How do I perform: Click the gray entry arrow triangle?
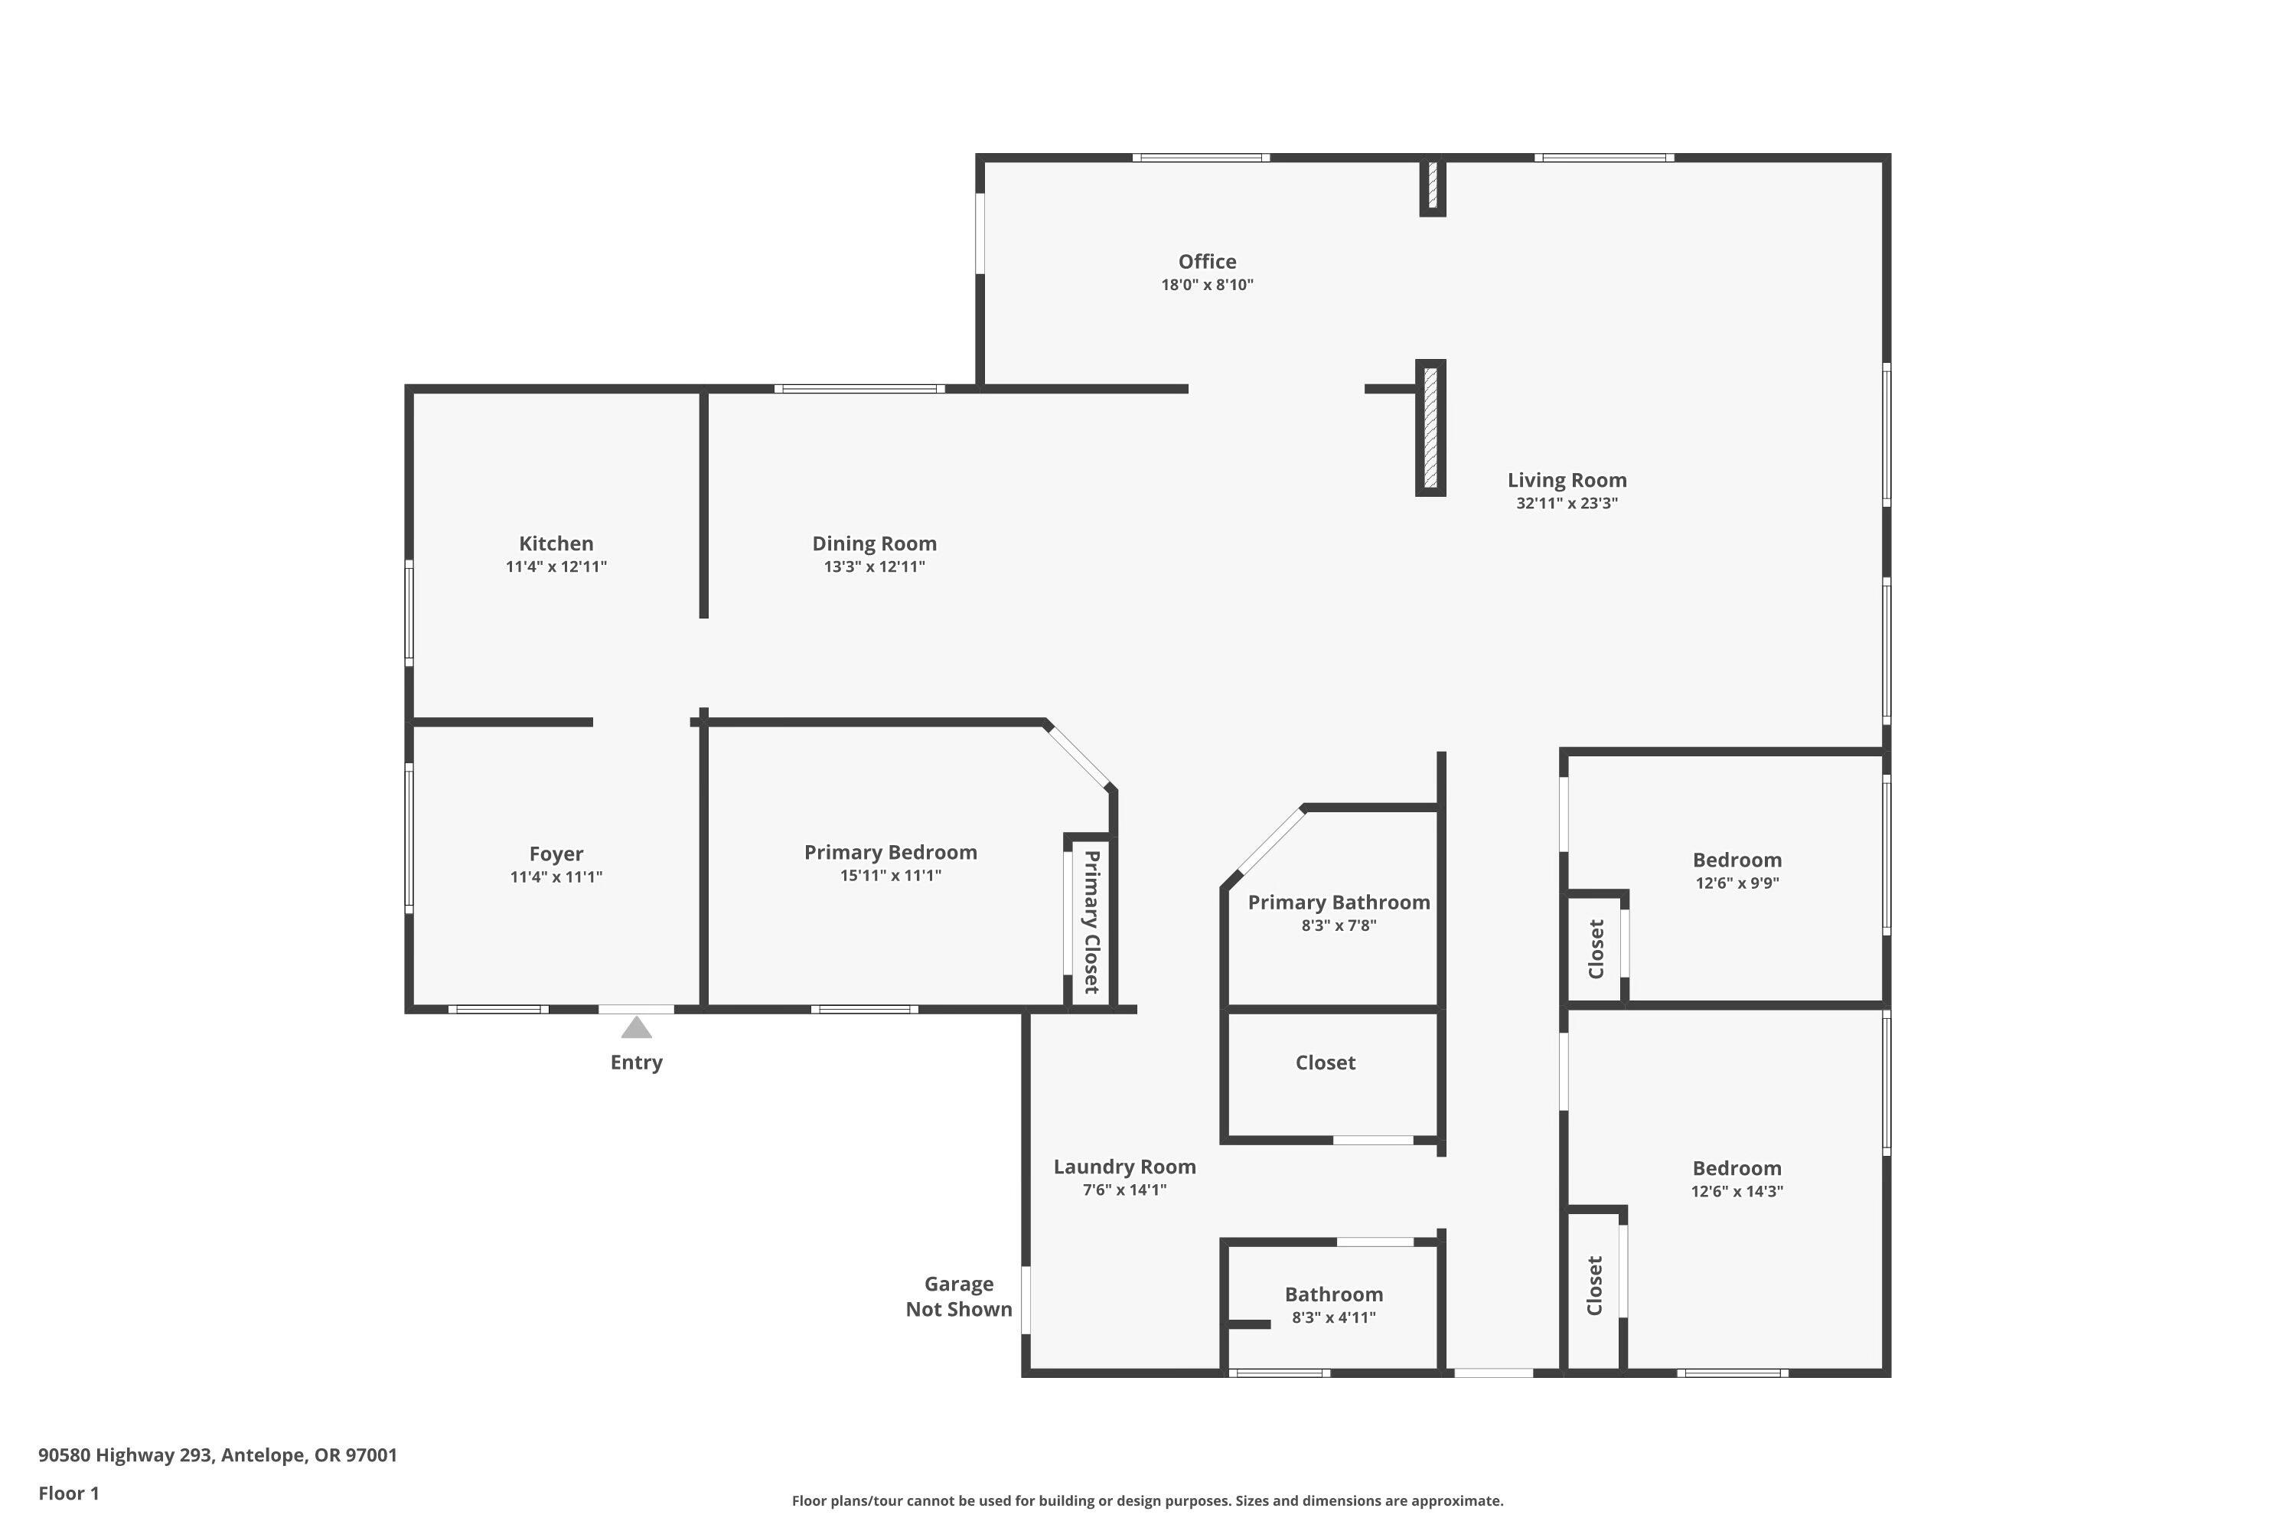(x=637, y=1027)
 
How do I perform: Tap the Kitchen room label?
(x=556, y=544)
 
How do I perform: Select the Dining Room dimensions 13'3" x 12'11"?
(x=874, y=567)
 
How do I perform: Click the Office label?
(x=1207, y=262)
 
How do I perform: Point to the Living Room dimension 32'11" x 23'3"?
(x=1566, y=504)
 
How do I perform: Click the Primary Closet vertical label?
(x=1092, y=922)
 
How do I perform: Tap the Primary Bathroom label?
(x=1339, y=903)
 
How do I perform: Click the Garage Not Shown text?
(x=959, y=1297)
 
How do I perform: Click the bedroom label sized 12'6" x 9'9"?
(x=1737, y=860)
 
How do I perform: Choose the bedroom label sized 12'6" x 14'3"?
(x=1737, y=1169)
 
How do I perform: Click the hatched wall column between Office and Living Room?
(x=1431, y=428)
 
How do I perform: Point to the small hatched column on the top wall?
(x=1432, y=185)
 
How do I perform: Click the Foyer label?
(x=556, y=854)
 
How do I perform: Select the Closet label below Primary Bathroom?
(x=1325, y=1063)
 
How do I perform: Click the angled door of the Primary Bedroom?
(x=1078, y=755)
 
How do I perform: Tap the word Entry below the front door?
(x=637, y=1063)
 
